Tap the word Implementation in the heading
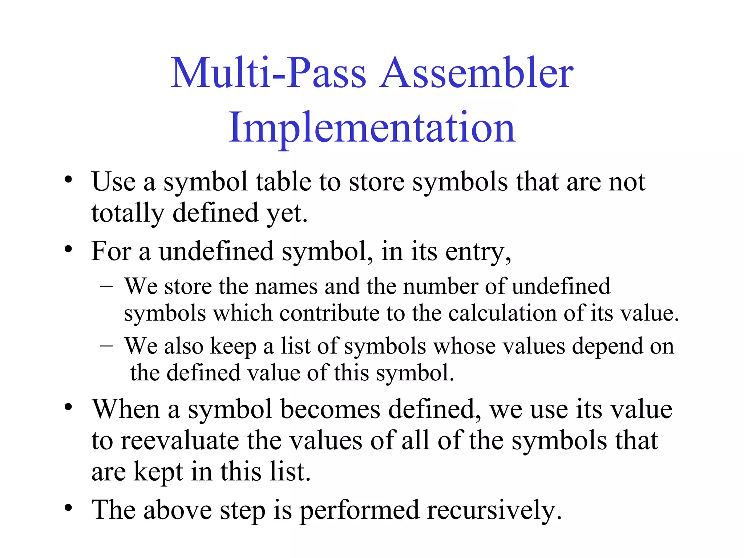click(x=372, y=128)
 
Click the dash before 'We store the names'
click(x=106, y=286)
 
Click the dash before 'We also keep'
click(x=106, y=345)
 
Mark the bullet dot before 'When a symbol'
click(x=68, y=407)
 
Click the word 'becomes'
click(x=330, y=409)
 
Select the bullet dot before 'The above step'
click(x=68, y=508)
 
